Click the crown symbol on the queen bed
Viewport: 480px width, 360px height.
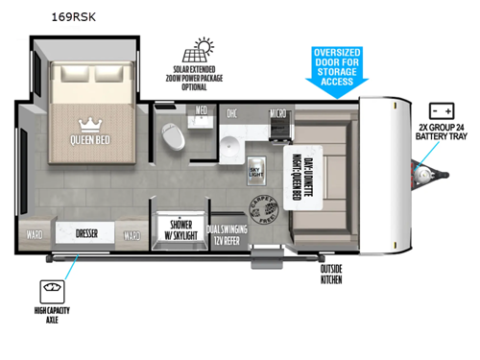pyautogui.click(x=88, y=125)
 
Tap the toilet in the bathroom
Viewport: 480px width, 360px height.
pyautogui.click(x=173, y=136)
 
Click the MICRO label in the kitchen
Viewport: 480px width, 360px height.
pyautogui.click(x=278, y=112)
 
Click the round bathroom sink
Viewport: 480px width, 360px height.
pyautogui.click(x=230, y=147)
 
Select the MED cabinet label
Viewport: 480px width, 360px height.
pyautogui.click(x=202, y=110)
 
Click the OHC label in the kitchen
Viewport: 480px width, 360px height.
pyautogui.click(x=231, y=112)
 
